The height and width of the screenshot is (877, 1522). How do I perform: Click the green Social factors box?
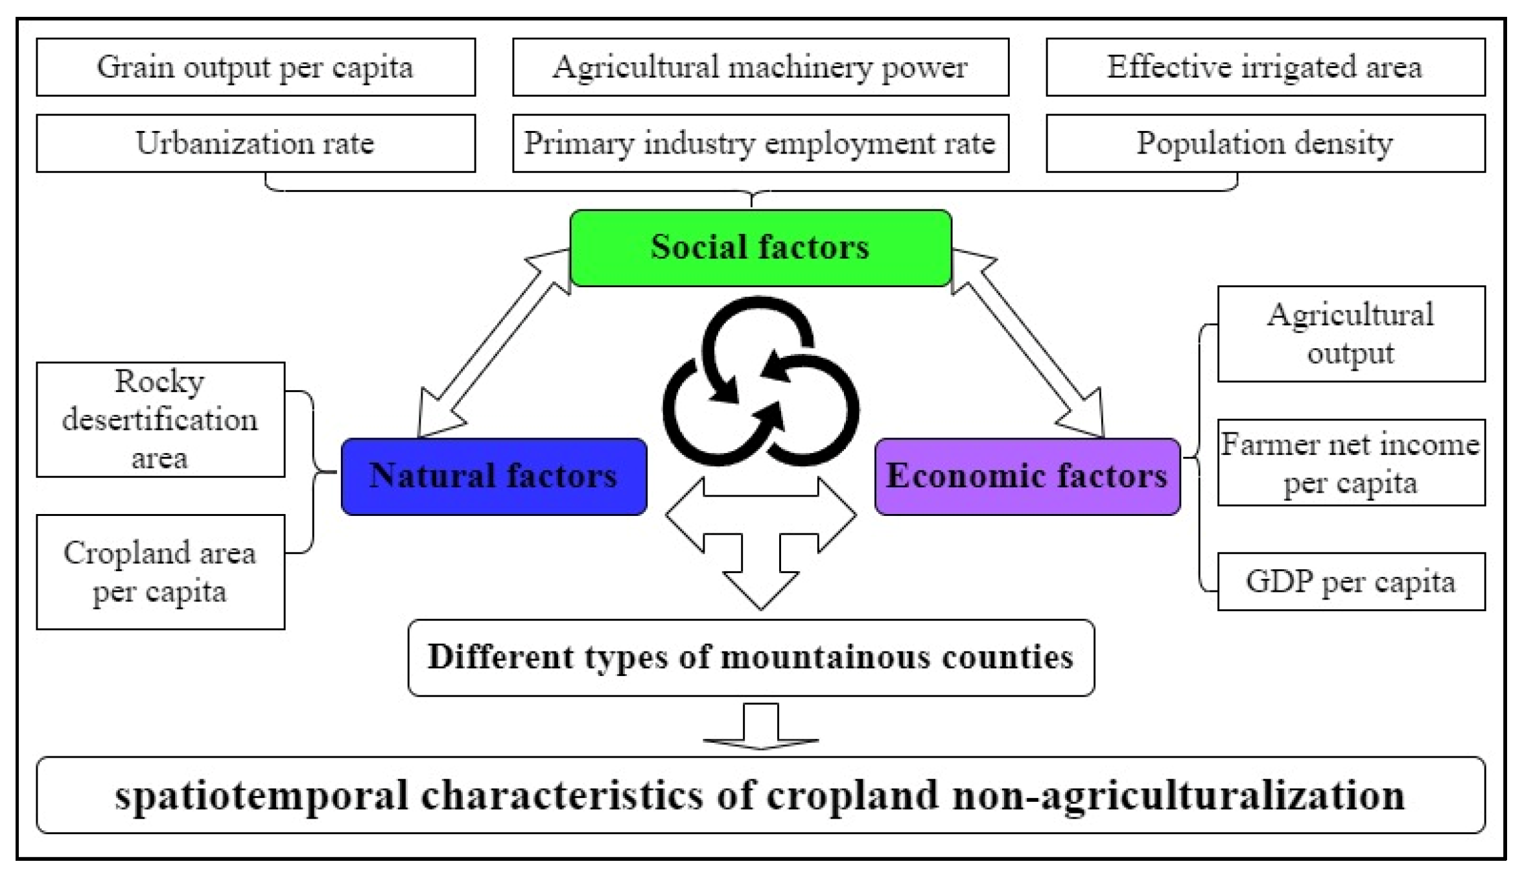[760, 248]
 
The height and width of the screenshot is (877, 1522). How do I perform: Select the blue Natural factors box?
[493, 476]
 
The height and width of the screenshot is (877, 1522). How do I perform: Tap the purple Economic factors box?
[1027, 476]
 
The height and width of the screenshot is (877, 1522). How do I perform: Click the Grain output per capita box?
[255, 67]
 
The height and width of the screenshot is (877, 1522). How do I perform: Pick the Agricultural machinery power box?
[760, 67]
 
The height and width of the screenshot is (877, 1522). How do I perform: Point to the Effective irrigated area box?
[1265, 67]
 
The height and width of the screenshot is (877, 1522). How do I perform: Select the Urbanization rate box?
[255, 143]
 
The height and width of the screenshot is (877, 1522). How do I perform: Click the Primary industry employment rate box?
[760, 143]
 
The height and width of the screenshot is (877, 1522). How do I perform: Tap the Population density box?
[1265, 143]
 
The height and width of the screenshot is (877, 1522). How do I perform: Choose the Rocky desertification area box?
[160, 419]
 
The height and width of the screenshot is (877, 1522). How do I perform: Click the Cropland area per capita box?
[160, 572]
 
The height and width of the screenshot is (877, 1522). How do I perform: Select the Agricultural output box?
[1351, 334]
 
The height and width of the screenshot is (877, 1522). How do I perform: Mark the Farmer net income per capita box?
[1351, 462]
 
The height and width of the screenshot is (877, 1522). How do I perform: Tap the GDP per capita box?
[1351, 581]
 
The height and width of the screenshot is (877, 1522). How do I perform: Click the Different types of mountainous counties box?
[751, 657]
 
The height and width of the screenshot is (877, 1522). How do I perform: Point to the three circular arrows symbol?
[760, 382]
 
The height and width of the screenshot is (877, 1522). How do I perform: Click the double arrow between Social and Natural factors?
[494, 344]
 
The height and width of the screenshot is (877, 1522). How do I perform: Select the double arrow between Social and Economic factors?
[1027, 344]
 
